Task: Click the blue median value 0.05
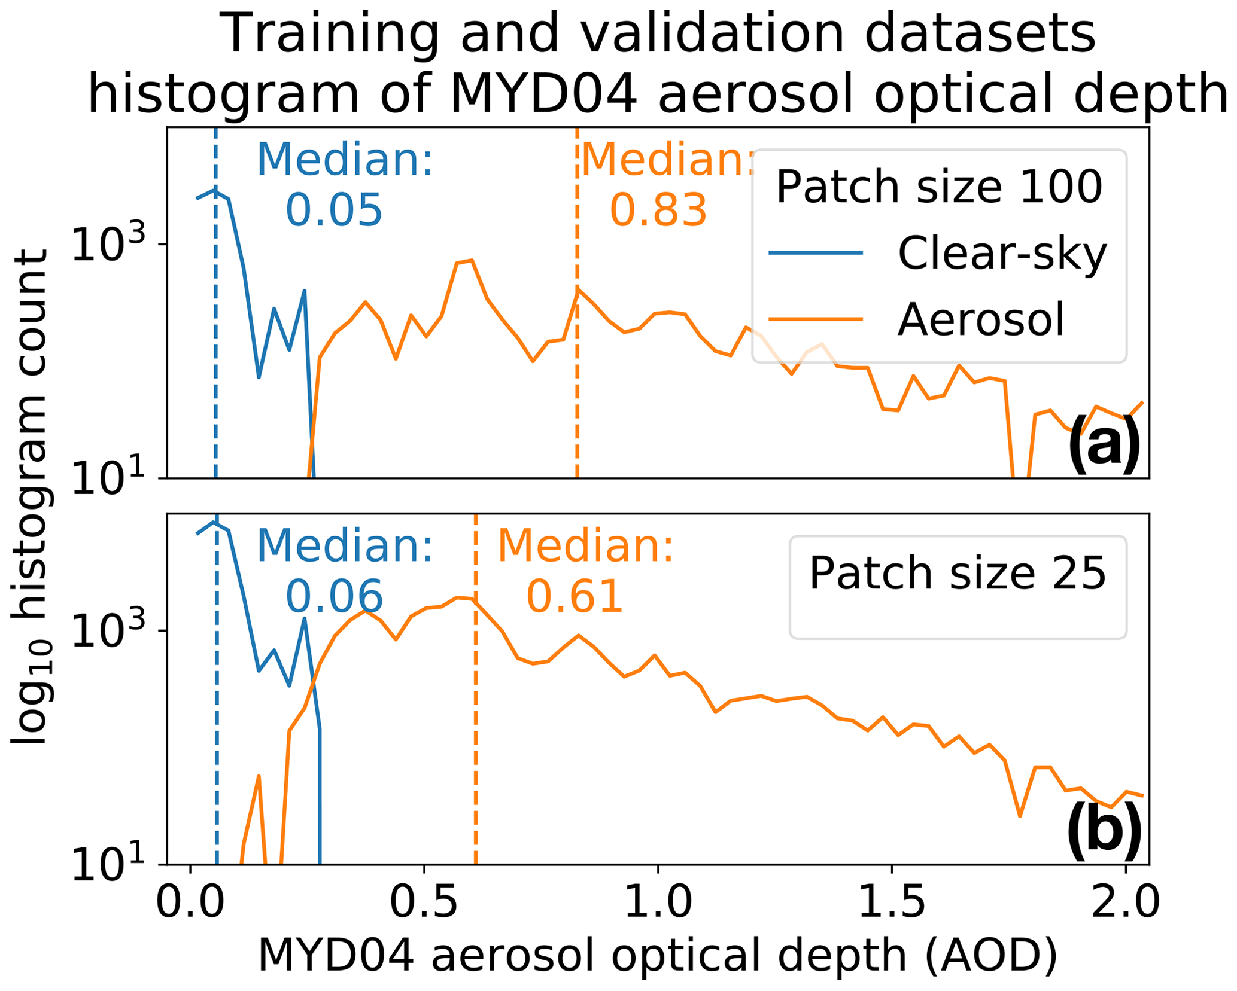tap(333, 211)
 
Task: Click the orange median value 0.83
tap(658, 211)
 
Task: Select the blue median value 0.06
tap(333, 597)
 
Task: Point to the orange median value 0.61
tap(575, 597)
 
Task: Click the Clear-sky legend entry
tap(1001, 254)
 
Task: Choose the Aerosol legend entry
tap(980, 320)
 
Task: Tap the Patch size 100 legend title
tap(938, 187)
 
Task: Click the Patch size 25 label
tap(957, 574)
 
